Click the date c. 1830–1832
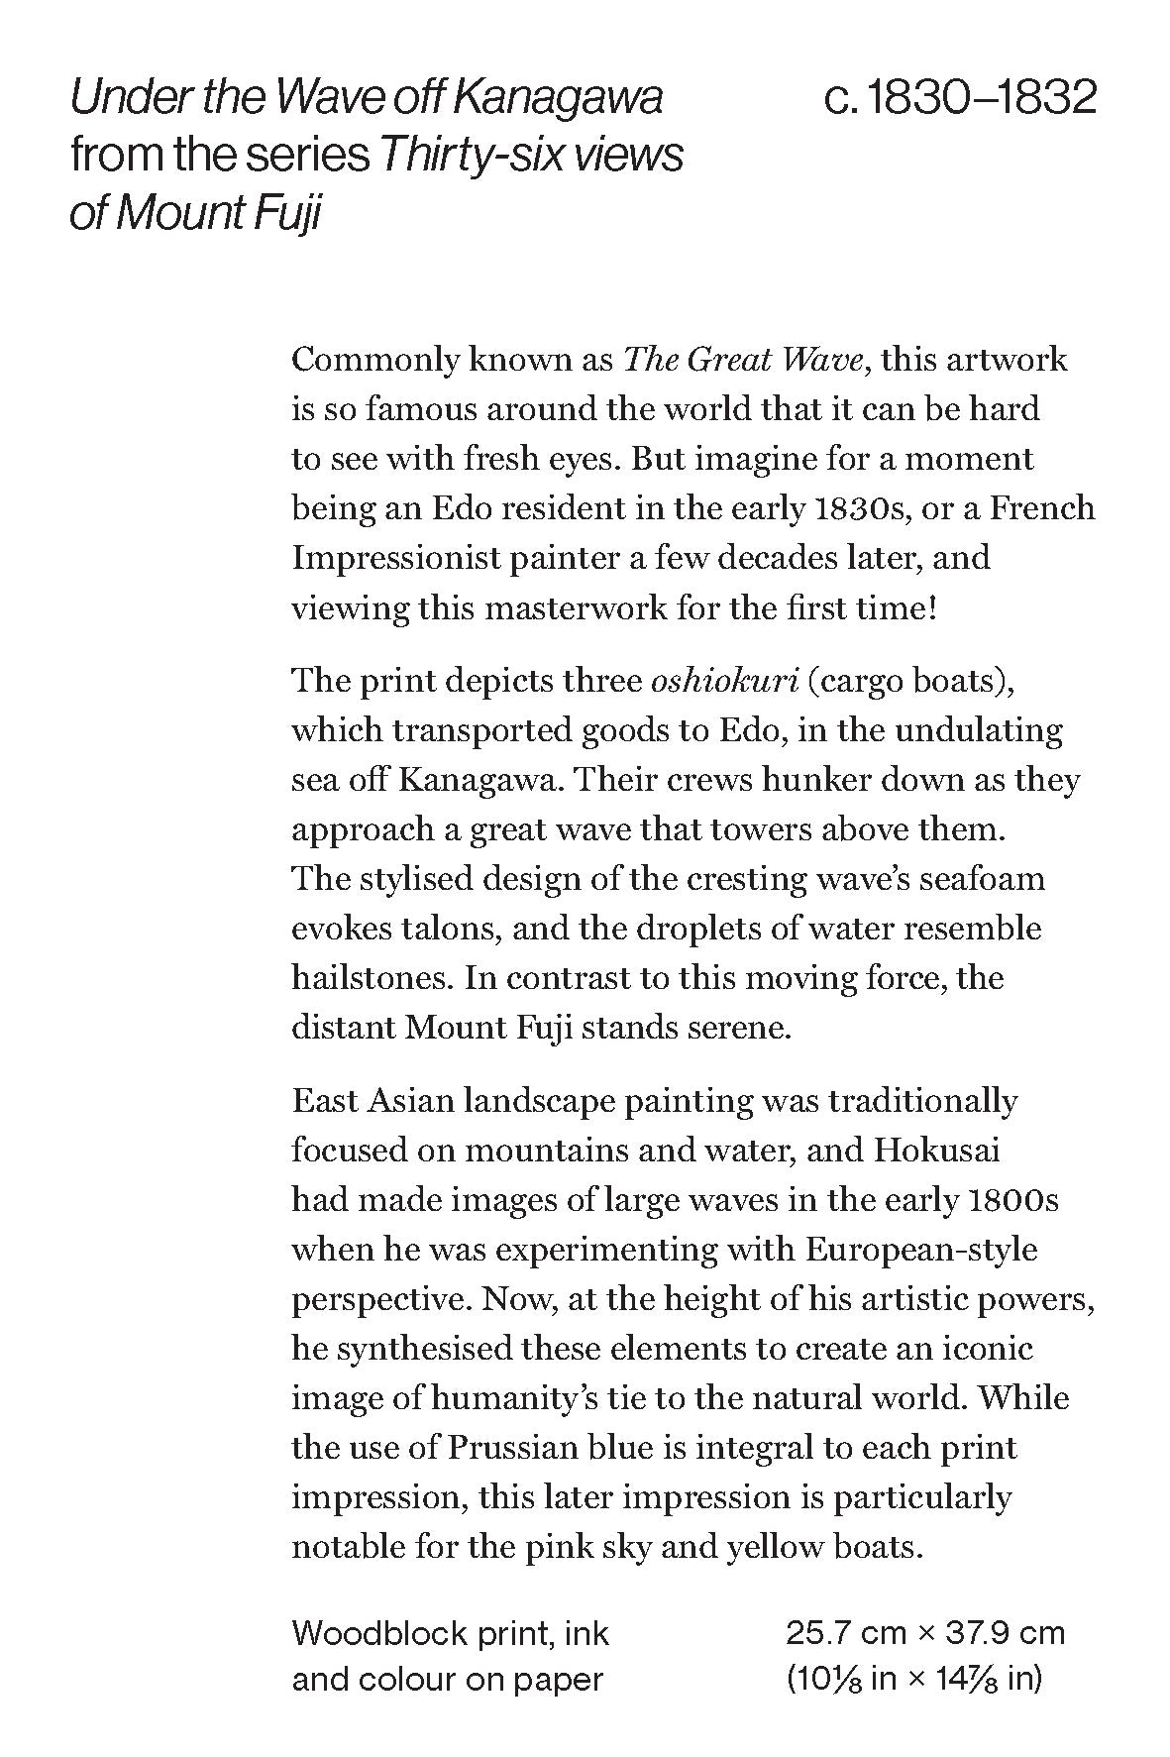(960, 99)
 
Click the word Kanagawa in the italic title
(558, 99)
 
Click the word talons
(446, 930)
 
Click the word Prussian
(512, 1448)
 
